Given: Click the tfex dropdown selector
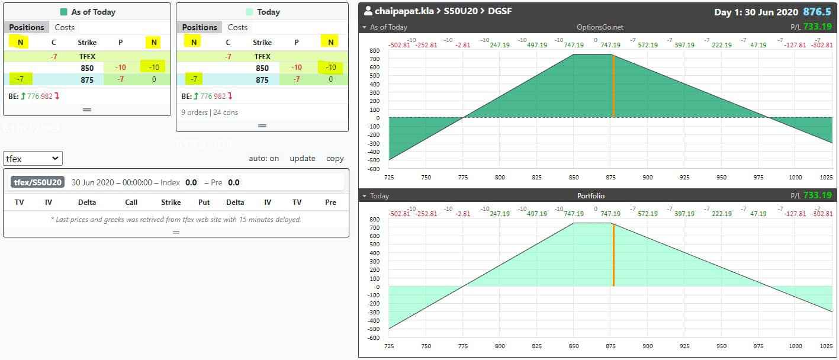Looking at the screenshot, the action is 33,159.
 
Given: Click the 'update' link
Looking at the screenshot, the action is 302,159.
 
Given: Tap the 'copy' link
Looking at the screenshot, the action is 335,159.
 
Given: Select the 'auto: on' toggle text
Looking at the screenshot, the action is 263,159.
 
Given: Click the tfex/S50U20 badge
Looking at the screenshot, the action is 37,182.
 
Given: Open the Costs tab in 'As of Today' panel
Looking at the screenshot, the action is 65,27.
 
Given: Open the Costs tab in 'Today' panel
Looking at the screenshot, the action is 237,27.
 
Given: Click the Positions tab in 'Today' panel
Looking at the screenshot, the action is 200,27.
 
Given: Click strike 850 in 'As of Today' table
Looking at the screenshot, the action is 87,68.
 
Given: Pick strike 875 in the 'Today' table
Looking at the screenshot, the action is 262,80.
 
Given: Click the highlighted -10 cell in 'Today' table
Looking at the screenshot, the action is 330,67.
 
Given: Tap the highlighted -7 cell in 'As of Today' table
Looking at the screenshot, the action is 21,79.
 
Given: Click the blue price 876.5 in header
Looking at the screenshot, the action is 817,12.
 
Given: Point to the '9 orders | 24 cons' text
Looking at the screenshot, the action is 210,112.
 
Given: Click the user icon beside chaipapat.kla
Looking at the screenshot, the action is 368,11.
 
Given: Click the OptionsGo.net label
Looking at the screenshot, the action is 600,27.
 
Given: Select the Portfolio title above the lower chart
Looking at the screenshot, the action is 591,196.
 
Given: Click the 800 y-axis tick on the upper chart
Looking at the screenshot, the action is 375,50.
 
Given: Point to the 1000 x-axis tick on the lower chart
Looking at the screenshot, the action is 795,346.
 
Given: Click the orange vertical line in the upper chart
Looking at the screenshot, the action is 613,86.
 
